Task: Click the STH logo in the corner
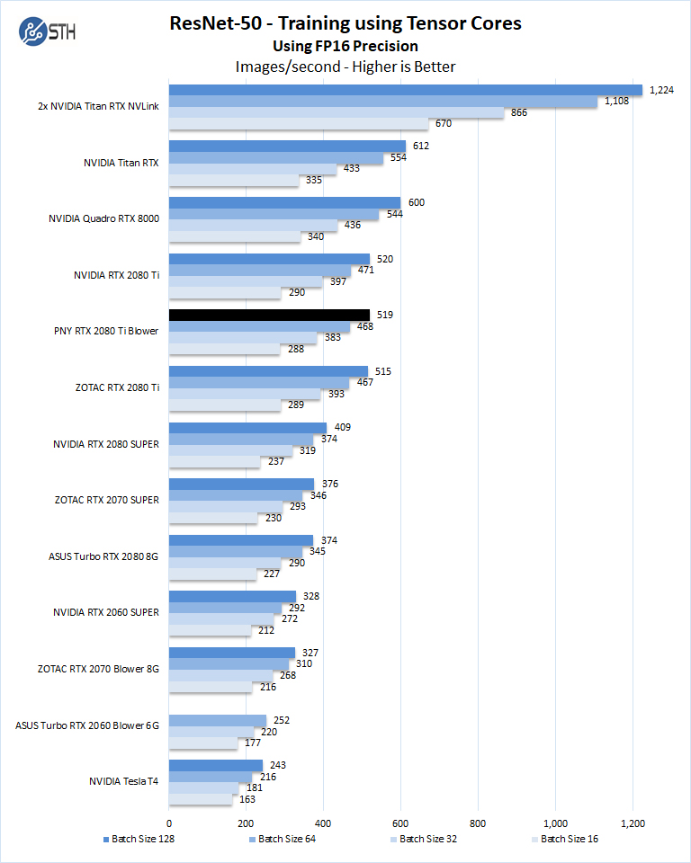[46, 32]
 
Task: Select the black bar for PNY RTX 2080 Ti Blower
[269, 315]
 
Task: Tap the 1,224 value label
[662, 90]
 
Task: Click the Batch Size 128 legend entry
[139, 840]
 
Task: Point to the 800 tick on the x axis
[478, 823]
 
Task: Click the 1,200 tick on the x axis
[633, 823]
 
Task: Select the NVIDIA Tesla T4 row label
[123, 781]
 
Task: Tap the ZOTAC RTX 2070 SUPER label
[106, 500]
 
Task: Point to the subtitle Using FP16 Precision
[345, 46]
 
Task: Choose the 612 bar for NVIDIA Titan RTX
[287, 147]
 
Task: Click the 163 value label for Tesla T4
[247, 798]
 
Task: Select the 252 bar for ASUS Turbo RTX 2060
[218, 720]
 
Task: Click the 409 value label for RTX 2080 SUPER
[343, 428]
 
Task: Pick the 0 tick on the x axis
[169, 823]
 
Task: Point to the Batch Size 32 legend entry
[424, 840]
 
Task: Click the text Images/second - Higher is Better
[345, 67]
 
